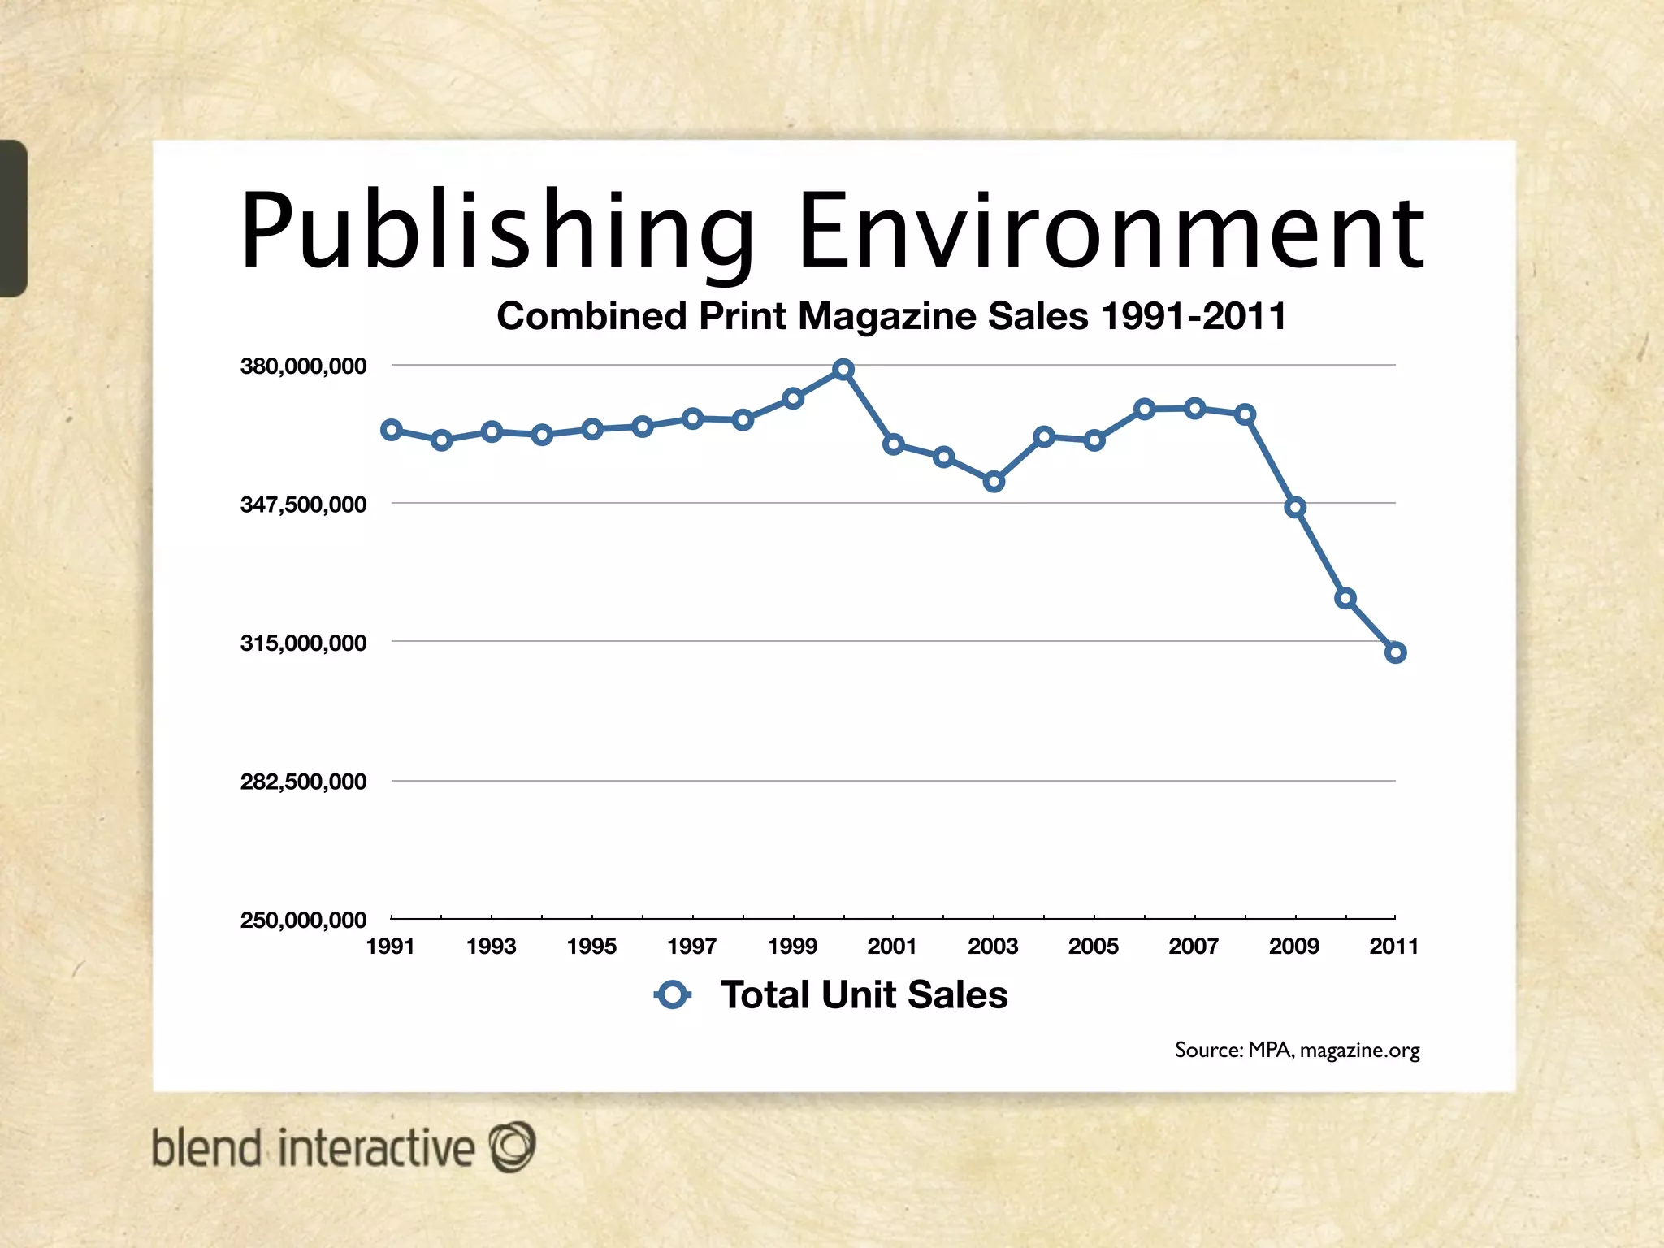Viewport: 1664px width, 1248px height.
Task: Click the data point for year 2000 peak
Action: coord(843,370)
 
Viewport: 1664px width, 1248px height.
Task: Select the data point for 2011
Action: coord(1395,652)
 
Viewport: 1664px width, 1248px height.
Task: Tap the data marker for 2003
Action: coord(994,482)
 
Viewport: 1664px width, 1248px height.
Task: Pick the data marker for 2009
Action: coord(1295,508)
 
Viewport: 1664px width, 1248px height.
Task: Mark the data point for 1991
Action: coord(392,430)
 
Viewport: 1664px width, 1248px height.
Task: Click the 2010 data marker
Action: coord(1345,599)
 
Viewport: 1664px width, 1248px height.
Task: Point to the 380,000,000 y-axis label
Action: coord(303,366)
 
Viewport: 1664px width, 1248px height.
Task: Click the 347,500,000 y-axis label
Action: coord(303,505)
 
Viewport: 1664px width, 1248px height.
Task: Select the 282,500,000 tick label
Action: coord(303,782)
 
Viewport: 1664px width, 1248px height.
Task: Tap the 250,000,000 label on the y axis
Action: coord(303,921)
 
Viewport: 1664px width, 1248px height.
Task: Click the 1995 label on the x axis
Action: coord(591,947)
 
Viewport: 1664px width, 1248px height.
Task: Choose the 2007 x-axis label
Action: coord(1194,947)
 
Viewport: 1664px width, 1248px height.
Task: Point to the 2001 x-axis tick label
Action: coord(892,947)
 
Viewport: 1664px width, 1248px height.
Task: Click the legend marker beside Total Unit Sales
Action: coord(673,994)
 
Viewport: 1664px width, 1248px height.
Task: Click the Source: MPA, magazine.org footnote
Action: coord(1297,1051)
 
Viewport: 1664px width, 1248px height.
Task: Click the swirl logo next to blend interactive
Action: coord(512,1146)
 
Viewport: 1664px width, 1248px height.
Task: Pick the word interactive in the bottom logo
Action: coord(376,1148)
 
